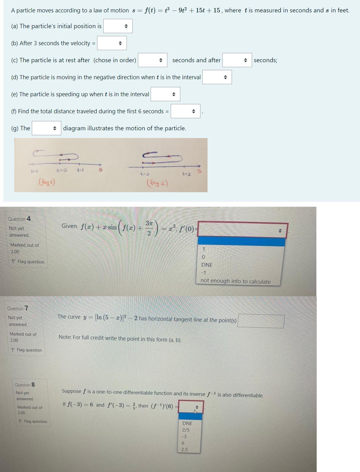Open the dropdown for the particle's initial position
pos(118,26)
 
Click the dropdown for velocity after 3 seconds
pos(112,43)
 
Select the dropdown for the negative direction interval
pos(217,77)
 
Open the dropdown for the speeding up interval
pos(165,94)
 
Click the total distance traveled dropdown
pos(186,111)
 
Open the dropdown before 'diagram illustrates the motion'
pos(46,128)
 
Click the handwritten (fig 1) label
pos(47,182)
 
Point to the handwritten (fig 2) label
pos(158,183)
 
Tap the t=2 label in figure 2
pos(186,174)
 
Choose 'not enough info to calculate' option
pos(235,281)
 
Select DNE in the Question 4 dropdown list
pos(207,265)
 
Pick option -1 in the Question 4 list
pos(203,273)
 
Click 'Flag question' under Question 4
pos(31,262)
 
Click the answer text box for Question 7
pos(261,321)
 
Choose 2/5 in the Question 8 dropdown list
pos(186,430)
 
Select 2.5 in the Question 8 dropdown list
pos(184,449)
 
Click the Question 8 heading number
pos(33,384)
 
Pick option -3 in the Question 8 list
pos(184,436)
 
